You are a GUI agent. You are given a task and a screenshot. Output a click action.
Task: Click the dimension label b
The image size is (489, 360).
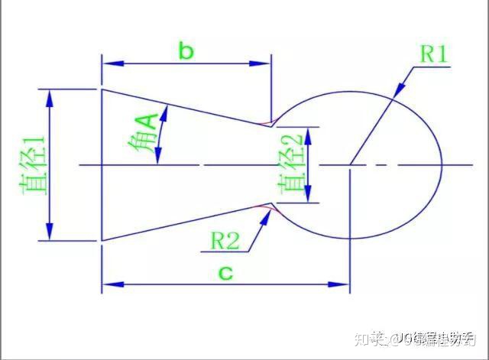tap(186, 52)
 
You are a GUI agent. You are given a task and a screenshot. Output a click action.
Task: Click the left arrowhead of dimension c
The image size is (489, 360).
tap(108, 284)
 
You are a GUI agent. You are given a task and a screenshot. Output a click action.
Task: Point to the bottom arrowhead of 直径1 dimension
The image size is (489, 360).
tap(50, 235)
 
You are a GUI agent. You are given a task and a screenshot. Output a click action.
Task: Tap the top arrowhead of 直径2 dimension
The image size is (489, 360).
tap(309, 131)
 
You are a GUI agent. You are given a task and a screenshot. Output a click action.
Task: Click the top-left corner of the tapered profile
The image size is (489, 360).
tap(102, 89)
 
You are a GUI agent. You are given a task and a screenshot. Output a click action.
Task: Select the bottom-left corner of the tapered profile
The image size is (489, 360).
tap(102, 240)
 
